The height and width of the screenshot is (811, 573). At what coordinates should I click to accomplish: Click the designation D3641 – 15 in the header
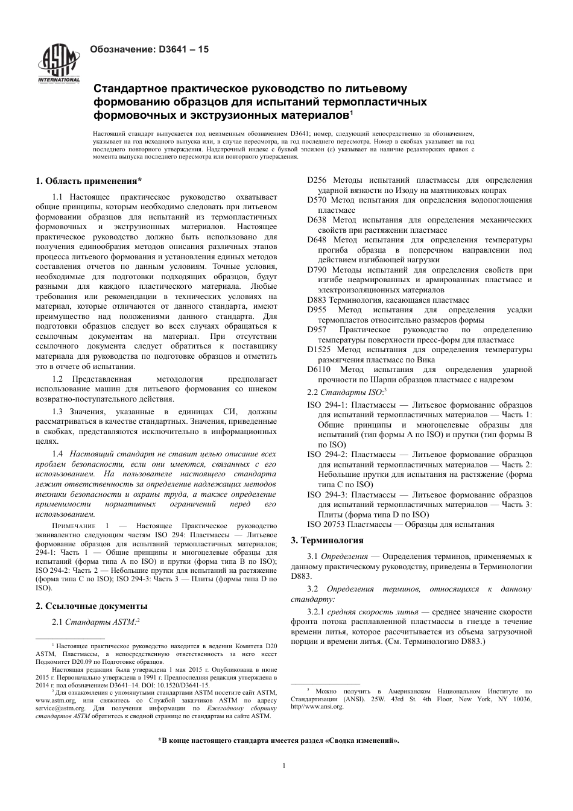coord(149,49)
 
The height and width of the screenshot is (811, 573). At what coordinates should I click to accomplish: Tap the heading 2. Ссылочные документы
coord(92,606)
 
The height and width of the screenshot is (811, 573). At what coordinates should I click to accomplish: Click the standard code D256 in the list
coord(317,180)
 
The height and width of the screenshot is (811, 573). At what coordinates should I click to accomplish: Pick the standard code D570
coord(317,200)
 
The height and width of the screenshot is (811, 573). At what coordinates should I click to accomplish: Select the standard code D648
coord(317,240)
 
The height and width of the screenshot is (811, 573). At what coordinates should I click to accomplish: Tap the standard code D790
coord(317,270)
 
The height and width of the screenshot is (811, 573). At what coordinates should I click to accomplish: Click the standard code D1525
coord(319,350)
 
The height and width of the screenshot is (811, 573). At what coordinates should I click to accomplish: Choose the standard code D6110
coord(319,370)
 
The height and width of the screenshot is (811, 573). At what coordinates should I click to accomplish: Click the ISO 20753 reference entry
coord(329,524)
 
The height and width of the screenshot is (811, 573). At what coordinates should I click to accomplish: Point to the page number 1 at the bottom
coord(284,766)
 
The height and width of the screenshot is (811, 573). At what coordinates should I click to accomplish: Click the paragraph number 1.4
coord(58,453)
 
